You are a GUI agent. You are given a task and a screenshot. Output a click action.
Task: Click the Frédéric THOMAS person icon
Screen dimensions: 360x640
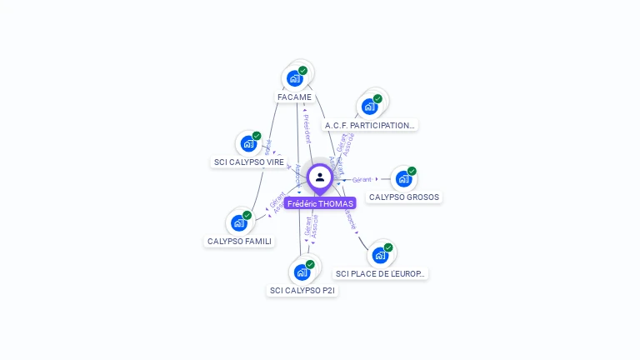tap(320, 177)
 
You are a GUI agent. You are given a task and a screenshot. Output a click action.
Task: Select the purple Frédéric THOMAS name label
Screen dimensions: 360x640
tap(320, 203)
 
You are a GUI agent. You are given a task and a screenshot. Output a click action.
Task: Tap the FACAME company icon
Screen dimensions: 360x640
tap(294, 78)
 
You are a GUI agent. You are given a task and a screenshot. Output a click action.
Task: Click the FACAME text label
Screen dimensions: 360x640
tap(294, 97)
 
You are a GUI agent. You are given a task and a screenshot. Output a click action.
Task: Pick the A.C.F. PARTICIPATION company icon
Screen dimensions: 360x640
tap(369, 107)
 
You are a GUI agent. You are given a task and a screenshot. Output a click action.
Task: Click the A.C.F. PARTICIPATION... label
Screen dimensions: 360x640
tap(369, 126)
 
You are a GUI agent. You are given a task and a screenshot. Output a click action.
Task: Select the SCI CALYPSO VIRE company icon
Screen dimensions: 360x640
tap(248, 143)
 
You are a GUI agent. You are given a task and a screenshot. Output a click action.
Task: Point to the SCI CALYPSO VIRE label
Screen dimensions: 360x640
tap(249, 162)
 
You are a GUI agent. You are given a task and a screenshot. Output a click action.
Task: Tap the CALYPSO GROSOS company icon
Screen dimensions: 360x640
tap(403, 178)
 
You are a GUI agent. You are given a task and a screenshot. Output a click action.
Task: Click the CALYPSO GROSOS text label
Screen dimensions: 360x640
tap(404, 197)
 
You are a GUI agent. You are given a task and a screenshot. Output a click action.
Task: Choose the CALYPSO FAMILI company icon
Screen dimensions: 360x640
tap(238, 222)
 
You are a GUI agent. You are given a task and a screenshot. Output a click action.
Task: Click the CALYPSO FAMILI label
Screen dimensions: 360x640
tap(239, 242)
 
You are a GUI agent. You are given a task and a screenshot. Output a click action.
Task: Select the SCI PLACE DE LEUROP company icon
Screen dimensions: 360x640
tap(380, 255)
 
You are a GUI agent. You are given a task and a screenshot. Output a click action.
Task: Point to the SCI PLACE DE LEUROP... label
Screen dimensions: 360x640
tap(381, 273)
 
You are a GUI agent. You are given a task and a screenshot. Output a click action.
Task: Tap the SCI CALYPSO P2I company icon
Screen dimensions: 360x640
tap(302, 272)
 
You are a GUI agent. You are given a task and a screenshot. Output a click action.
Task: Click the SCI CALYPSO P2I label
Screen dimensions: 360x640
tap(303, 291)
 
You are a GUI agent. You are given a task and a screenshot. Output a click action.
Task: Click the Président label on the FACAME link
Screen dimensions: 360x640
tap(307, 129)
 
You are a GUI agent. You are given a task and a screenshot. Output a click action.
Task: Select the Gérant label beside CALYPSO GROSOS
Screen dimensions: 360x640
tap(362, 179)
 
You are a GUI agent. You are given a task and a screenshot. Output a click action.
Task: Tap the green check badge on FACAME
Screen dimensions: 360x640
tap(302, 71)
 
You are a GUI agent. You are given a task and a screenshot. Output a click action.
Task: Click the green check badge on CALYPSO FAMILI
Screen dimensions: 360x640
tap(247, 215)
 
